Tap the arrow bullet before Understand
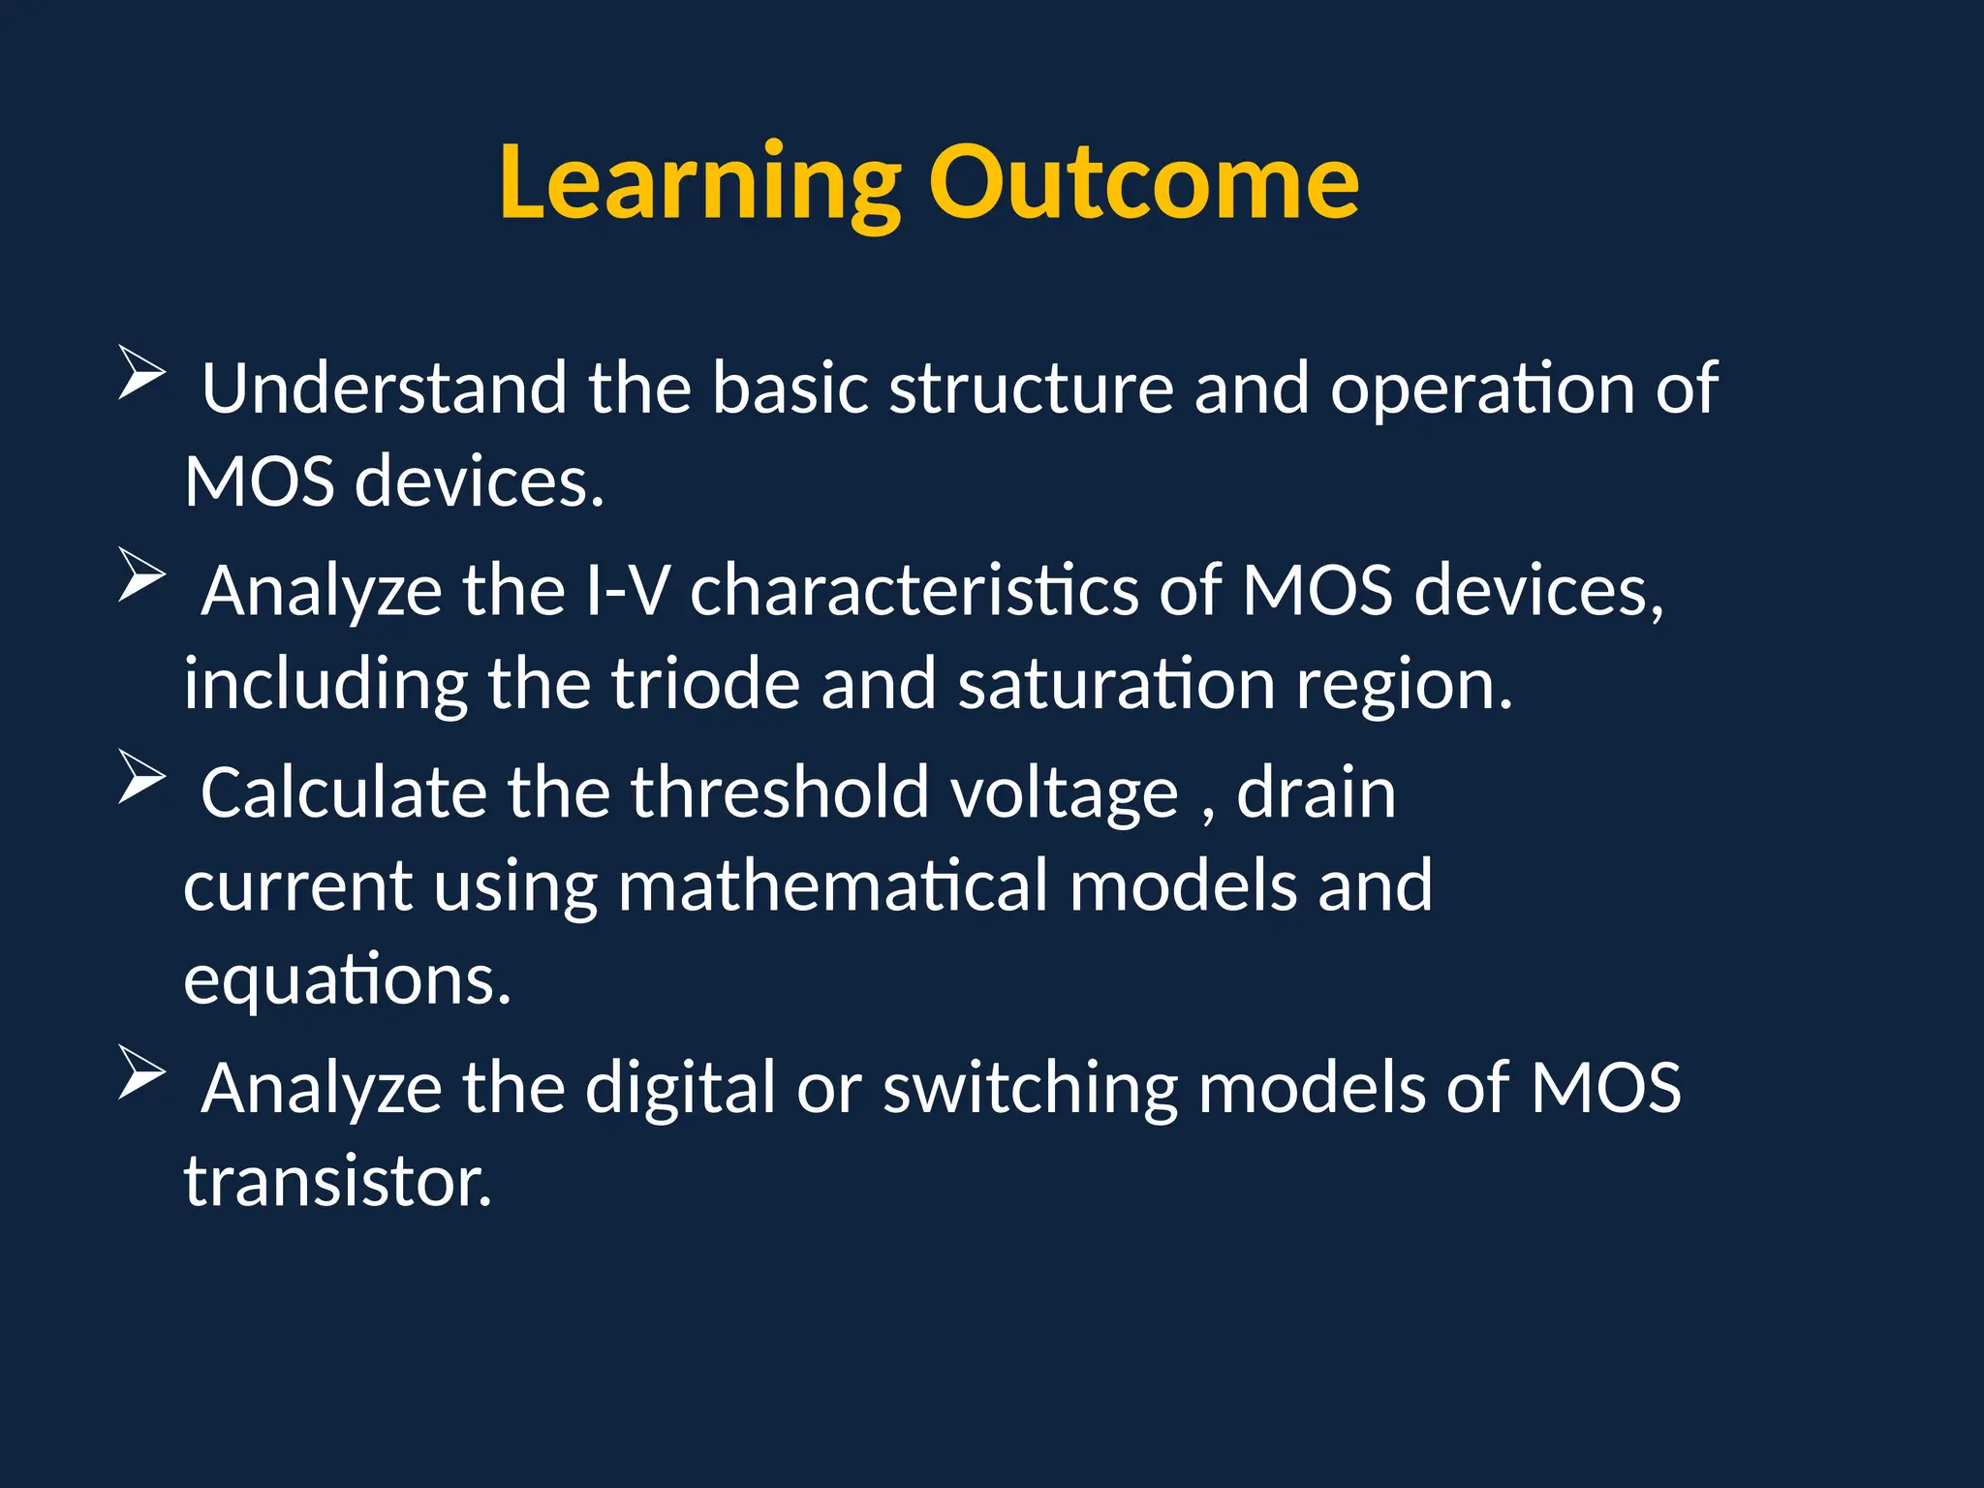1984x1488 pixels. pyautogui.click(x=141, y=372)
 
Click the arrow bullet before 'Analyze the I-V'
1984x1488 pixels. pyautogui.click(x=141, y=574)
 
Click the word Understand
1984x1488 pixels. pyautogui.click(x=384, y=388)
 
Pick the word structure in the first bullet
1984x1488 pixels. pyautogui.click(x=1031, y=388)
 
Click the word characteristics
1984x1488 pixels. pyautogui.click(x=914, y=590)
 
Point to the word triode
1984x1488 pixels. pyautogui.click(x=705, y=684)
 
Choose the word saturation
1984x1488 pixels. pyautogui.click(x=1116, y=684)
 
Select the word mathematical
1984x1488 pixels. pyautogui.click(x=832, y=885)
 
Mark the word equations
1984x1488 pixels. pyautogui.click(x=346, y=980)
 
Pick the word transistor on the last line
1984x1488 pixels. pyautogui.click(x=337, y=1182)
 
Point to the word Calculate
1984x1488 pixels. pyautogui.click(x=343, y=792)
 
